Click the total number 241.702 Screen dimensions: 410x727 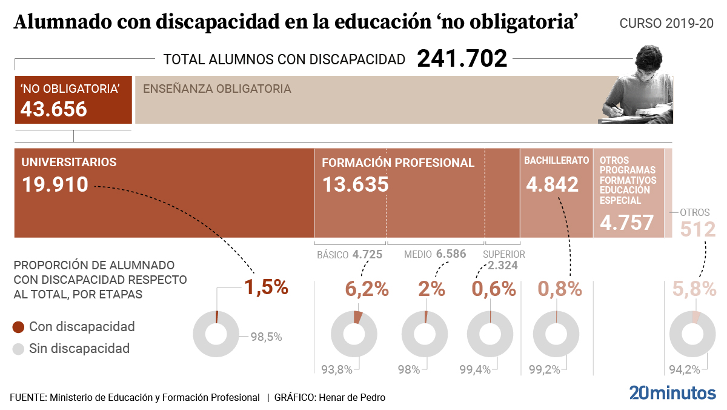[x=462, y=58]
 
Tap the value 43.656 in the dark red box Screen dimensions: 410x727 [x=54, y=109]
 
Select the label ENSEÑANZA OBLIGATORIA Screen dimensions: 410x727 [x=217, y=89]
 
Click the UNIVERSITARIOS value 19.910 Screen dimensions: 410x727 [x=55, y=184]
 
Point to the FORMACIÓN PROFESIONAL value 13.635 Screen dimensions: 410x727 [x=355, y=184]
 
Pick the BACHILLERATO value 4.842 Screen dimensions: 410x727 [x=553, y=184]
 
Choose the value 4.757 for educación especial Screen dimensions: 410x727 [x=627, y=223]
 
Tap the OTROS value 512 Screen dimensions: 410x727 [x=698, y=229]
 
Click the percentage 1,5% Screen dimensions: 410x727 [x=266, y=287]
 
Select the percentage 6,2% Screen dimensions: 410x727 [x=367, y=289]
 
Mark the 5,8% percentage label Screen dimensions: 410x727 [x=694, y=289]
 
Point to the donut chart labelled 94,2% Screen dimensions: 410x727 [x=691, y=334]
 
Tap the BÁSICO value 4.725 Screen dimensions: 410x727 [x=367, y=255]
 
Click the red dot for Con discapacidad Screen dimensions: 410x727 [x=19, y=328]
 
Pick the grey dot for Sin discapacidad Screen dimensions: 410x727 [x=19, y=349]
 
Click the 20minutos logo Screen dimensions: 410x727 [x=672, y=392]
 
